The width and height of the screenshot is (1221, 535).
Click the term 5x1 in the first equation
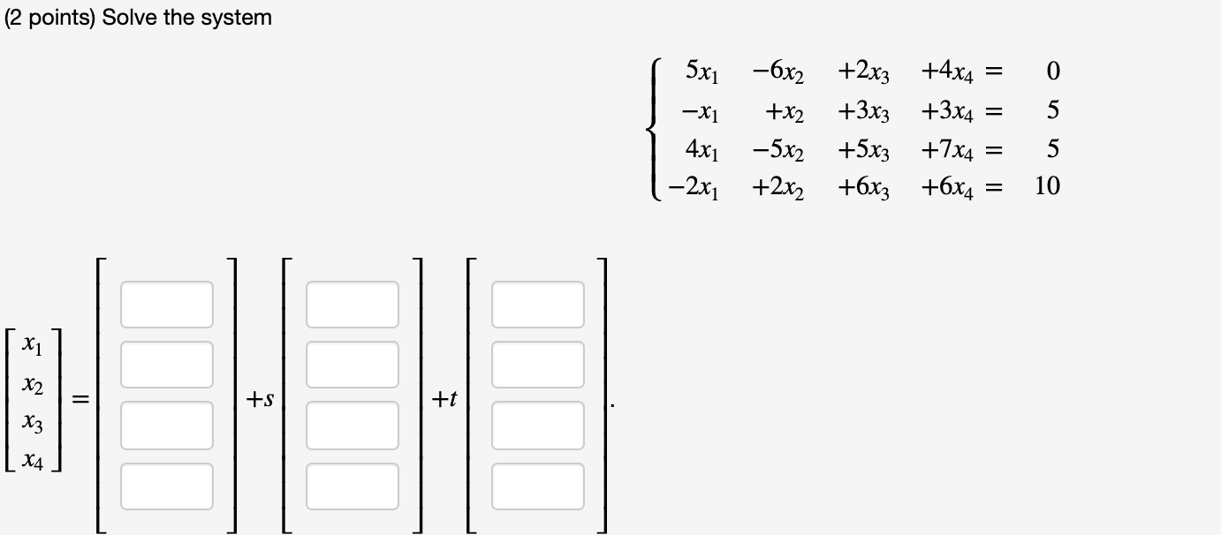(x=702, y=72)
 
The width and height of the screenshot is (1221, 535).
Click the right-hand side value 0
(x=1051, y=72)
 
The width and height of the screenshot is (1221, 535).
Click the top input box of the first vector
(x=167, y=304)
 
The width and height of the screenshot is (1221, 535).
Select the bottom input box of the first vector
(x=167, y=486)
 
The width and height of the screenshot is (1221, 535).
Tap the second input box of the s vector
(x=353, y=364)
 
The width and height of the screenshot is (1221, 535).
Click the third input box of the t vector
(x=538, y=425)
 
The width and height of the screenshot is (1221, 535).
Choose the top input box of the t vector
(x=538, y=304)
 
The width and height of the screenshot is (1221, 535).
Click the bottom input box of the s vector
(x=353, y=486)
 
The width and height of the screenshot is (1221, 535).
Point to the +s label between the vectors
(x=260, y=400)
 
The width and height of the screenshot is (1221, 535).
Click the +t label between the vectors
(x=444, y=400)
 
